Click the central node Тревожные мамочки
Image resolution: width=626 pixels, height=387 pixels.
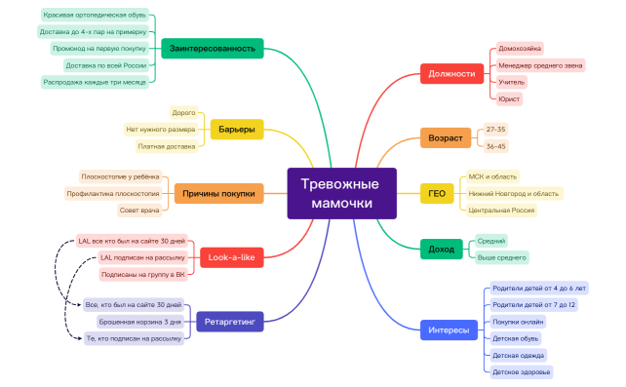(x=341, y=194)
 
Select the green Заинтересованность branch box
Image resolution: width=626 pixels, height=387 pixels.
(x=213, y=48)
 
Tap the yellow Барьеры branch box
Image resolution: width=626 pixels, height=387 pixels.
(x=237, y=130)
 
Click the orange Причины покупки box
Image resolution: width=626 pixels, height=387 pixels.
(x=218, y=194)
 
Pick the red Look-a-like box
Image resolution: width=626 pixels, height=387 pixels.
(x=232, y=258)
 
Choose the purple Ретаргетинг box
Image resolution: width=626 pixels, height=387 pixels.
(x=230, y=320)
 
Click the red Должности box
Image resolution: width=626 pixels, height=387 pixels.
(x=452, y=73)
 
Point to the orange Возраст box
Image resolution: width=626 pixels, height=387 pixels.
(x=446, y=137)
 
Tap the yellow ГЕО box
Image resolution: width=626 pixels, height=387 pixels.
(x=437, y=194)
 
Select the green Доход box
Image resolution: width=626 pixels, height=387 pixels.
(x=442, y=249)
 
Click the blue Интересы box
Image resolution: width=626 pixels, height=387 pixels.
(x=450, y=330)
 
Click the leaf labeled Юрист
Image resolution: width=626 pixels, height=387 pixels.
(x=509, y=98)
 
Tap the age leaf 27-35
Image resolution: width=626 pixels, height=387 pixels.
(x=495, y=129)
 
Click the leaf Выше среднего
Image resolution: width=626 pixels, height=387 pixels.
(x=501, y=257)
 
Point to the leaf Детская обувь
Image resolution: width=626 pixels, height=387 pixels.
(x=516, y=338)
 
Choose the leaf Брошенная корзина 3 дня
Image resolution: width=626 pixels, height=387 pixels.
(x=139, y=321)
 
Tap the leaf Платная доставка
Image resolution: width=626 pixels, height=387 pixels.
(x=166, y=146)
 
